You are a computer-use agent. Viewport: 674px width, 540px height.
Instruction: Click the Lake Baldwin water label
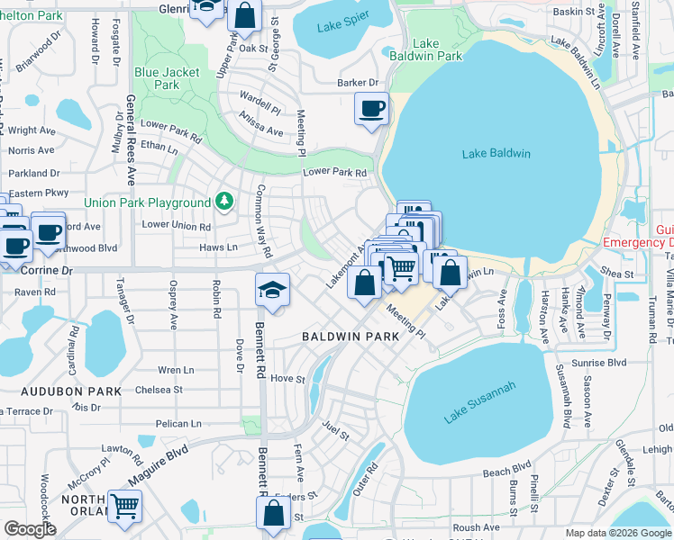click(496, 153)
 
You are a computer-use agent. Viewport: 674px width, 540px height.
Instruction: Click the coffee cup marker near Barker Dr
click(371, 110)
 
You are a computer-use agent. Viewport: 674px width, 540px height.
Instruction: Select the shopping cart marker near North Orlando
click(124, 506)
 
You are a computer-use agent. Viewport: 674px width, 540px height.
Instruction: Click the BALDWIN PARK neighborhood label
click(350, 336)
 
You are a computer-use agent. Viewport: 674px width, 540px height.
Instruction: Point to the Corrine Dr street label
click(37, 269)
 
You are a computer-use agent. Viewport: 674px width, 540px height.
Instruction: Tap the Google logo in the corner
click(30, 529)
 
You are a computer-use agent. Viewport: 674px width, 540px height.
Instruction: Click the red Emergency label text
click(638, 242)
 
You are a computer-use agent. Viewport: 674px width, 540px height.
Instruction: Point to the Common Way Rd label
click(263, 220)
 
